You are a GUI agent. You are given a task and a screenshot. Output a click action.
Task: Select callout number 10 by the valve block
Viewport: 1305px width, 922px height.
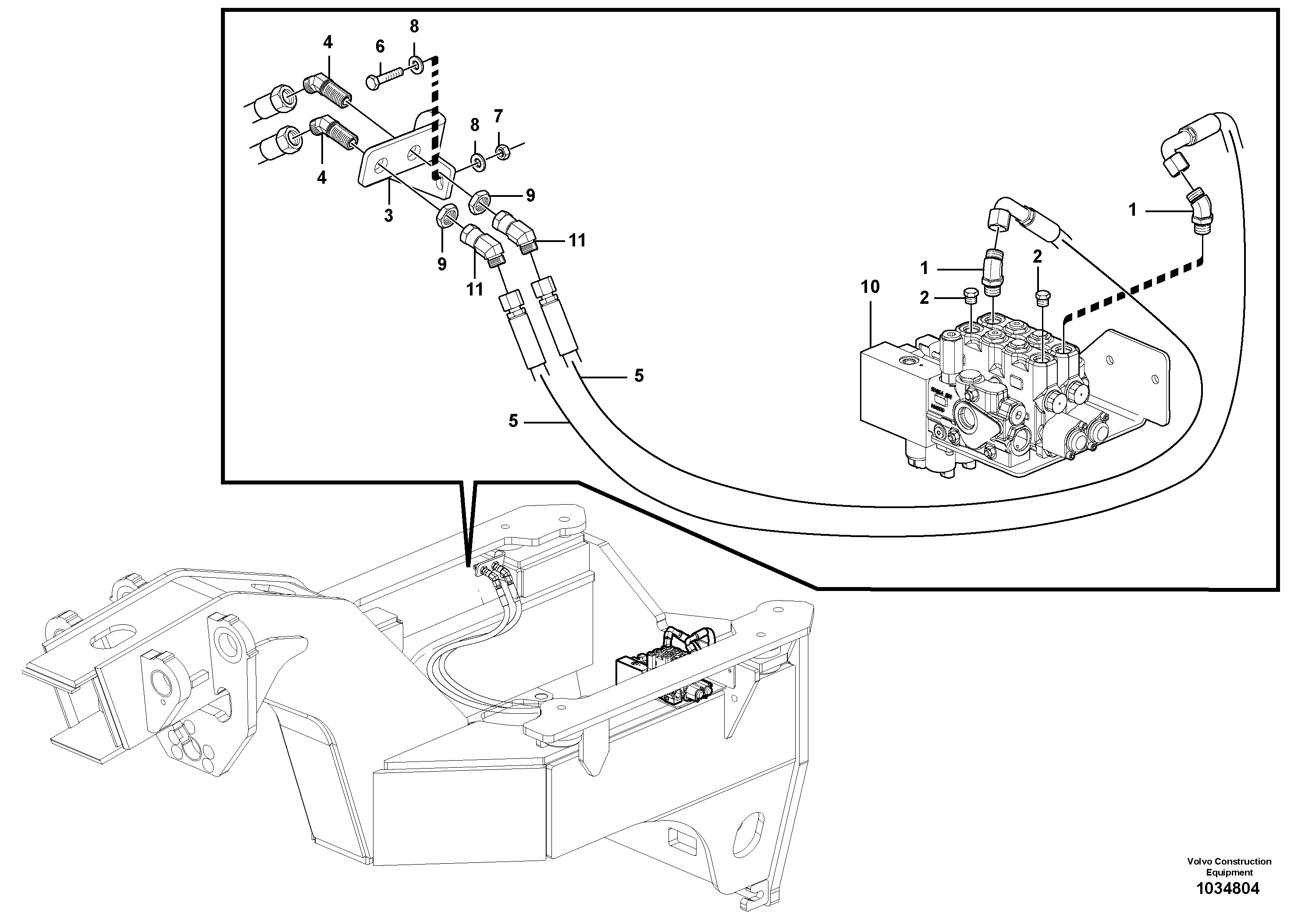tap(870, 287)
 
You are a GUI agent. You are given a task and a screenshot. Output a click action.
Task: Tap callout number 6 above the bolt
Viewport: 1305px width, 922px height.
tap(380, 46)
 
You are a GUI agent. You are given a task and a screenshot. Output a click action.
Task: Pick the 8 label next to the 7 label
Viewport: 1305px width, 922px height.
tap(475, 125)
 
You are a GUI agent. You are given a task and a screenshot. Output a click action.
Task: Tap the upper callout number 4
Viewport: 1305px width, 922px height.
tap(328, 43)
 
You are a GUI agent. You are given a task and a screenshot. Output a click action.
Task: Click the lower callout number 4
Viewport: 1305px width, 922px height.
tap(322, 178)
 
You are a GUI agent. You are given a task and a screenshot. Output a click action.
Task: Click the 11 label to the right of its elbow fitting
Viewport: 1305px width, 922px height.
tap(577, 241)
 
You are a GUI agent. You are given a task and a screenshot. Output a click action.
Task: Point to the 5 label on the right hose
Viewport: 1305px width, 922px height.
tap(639, 376)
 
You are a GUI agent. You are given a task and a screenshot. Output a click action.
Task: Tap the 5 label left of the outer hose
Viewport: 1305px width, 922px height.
tap(513, 421)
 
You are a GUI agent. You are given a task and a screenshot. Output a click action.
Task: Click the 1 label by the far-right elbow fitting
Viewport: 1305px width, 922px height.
tap(1132, 210)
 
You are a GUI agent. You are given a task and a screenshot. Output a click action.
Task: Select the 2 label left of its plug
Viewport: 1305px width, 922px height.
tap(924, 298)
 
